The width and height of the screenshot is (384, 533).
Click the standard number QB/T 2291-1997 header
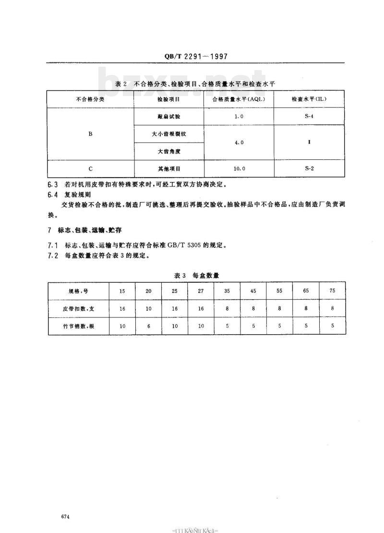(x=192, y=56)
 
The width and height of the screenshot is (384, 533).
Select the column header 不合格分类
(x=90, y=99)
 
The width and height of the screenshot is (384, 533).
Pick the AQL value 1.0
(x=239, y=117)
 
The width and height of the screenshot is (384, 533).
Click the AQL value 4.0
(x=239, y=143)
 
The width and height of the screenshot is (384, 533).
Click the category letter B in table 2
(x=90, y=134)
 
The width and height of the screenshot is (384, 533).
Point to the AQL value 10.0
(x=239, y=169)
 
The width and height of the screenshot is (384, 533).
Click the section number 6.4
(x=53, y=194)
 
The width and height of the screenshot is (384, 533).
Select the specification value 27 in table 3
(x=201, y=291)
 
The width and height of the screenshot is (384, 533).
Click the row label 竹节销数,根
(x=78, y=326)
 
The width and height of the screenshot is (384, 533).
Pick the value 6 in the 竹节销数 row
(x=148, y=326)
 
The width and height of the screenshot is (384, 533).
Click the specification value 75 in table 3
(x=332, y=291)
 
